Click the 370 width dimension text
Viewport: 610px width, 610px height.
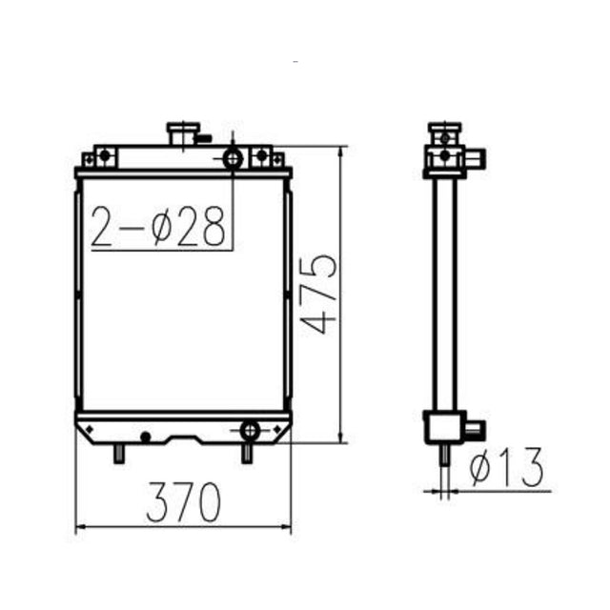[184, 500]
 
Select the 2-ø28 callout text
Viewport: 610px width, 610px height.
[161, 226]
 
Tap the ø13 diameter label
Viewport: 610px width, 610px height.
[508, 468]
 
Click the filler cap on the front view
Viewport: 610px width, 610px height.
[181, 133]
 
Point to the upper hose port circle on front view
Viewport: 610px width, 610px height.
[234, 158]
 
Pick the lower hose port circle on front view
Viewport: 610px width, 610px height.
[249, 429]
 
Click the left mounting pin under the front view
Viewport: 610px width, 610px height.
[119, 454]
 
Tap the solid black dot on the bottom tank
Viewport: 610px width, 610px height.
[145, 437]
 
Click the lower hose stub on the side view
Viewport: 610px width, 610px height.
[472, 428]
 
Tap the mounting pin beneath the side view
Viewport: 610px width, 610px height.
[443, 456]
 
